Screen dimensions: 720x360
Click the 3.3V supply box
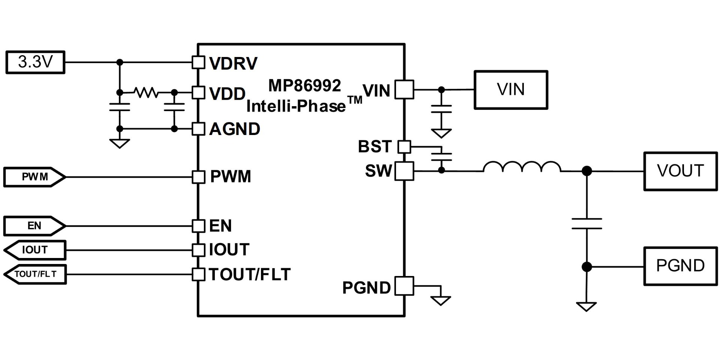click(x=35, y=62)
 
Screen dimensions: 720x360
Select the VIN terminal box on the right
click(x=511, y=90)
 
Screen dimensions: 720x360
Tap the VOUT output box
click(x=680, y=171)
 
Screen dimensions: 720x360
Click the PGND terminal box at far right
click(x=680, y=266)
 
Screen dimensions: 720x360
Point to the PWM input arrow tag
click(x=34, y=177)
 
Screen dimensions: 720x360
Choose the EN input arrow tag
click(x=34, y=226)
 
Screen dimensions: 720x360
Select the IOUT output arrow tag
click(x=34, y=250)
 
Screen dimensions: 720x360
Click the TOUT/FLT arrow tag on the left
click(x=34, y=274)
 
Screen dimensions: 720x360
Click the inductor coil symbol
click(x=522, y=167)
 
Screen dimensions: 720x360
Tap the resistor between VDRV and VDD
click(x=146, y=92)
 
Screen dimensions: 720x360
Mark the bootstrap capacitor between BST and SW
click(x=441, y=157)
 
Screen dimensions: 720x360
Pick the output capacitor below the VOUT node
click(x=587, y=224)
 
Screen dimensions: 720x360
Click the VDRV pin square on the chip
click(x=198, y=62)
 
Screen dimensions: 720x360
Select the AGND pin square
click(x=198, y=129)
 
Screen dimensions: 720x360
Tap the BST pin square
click(x=404, y=147)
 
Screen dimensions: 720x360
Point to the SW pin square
click(x=405, y=171)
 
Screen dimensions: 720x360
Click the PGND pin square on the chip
click(x=405, y=286)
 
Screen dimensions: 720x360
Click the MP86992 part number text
click(x=304, y=86)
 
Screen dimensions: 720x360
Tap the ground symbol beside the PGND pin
click(x=441, y=300)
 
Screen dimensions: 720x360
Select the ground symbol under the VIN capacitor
click(x=441, y=133)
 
